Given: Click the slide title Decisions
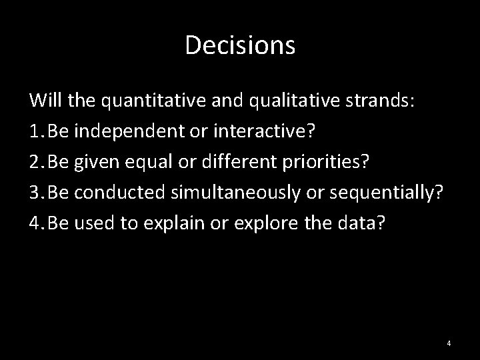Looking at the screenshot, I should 240,45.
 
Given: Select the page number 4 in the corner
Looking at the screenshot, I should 449,343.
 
